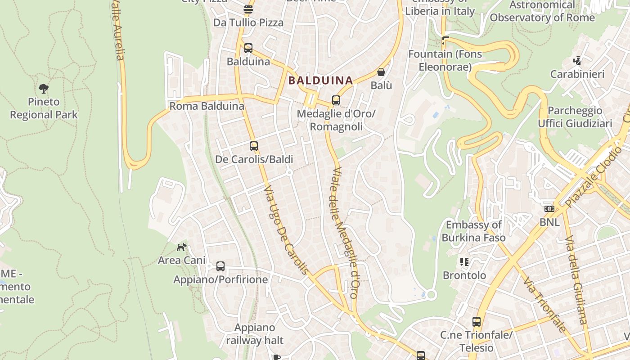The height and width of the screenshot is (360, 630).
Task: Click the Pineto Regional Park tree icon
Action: [x=44, y=88]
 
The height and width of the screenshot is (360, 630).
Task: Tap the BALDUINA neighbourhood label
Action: [x=320, y=81]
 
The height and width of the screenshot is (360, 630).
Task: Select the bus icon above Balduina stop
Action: [x=248, y=48]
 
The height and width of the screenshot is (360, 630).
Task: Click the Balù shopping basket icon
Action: [x=381, y=72]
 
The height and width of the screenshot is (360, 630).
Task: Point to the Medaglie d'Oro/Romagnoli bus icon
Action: [x=336, y=100]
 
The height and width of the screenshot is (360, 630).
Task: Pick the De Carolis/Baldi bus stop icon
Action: [x=254, y=146]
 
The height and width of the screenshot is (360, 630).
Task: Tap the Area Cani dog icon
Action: [x=181, y=247]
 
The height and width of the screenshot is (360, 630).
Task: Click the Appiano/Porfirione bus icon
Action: [x=220, y=266]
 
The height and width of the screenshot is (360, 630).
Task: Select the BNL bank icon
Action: [x=549, y=209]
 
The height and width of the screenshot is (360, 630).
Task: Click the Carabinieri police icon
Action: [x=577, y=60]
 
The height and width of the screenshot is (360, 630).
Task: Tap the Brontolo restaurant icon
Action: [x=464, y=262]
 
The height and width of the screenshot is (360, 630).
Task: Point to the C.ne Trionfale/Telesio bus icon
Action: [x=477, y=322]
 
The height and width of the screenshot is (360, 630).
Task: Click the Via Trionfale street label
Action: [x=545, y=304]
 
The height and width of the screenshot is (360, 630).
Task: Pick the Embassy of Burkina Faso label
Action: [x=473, y=231]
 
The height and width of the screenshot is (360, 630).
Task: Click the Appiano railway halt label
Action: [x=255, y=334]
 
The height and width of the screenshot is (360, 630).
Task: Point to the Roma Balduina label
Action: [x=207, y=106]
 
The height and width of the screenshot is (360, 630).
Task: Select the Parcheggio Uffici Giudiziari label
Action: [x=575, y=117]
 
